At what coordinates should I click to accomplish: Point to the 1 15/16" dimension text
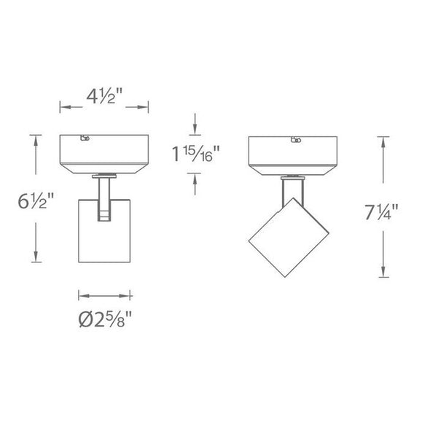(x=195, y=155)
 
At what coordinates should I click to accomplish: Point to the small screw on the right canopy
(x=295, y=140)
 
